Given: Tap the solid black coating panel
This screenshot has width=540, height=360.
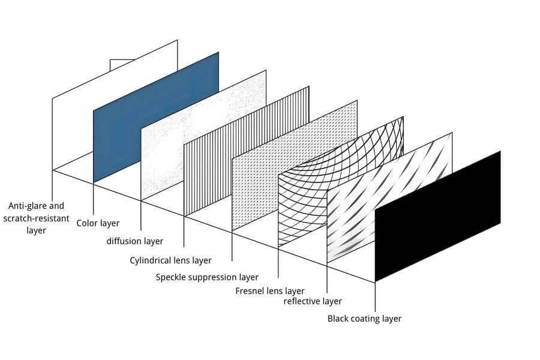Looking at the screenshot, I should (437, 216).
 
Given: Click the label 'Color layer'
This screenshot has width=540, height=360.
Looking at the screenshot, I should (98, 223).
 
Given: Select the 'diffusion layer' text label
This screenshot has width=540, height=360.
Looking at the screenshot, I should (134, 241).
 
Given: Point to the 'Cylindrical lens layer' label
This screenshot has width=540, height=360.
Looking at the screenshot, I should (170, 260).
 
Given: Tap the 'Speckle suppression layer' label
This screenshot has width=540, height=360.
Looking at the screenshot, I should (207, 277).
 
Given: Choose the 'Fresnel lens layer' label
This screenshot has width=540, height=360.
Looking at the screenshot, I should (270, 292).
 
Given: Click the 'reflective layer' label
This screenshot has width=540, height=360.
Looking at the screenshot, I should (313, 301).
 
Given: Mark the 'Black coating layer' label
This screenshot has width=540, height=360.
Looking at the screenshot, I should (364, 319).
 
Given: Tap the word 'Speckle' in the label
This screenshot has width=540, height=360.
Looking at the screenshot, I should (172, 277).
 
